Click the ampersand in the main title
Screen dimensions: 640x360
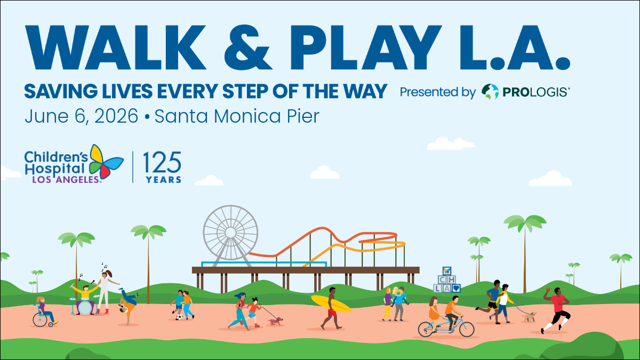point(248,47)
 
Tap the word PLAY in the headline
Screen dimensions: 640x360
point(366,47)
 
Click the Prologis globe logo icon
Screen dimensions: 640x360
point(490,92)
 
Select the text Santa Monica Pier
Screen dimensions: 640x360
point(237,116)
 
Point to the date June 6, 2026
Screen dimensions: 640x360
point(82,116)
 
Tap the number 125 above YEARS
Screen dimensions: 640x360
point(162,162)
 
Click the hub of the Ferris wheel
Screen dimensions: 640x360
point(230,233)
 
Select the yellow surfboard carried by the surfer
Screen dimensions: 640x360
point(331,303)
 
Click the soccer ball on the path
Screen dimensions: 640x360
point(179,317)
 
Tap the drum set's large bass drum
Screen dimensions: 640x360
point(85,307)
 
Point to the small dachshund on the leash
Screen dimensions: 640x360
point(276,321)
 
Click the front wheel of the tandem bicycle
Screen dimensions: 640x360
point(466,329)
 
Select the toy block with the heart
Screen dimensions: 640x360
point(456,288)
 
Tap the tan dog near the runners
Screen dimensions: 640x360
point(529,317)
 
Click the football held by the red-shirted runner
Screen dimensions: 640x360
point(548,289)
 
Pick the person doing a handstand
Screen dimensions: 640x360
point(128,306)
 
